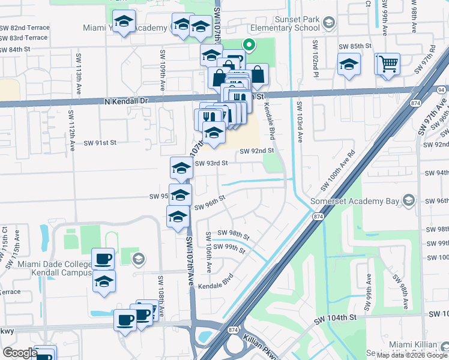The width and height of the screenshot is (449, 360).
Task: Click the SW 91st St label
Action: click(x=100, y=143)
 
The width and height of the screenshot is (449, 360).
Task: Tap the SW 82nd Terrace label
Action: click(x=23, y=28)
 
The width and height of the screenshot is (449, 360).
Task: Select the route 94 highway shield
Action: click(x=441, y=89)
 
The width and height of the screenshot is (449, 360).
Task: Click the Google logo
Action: click(x=20, y=353)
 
